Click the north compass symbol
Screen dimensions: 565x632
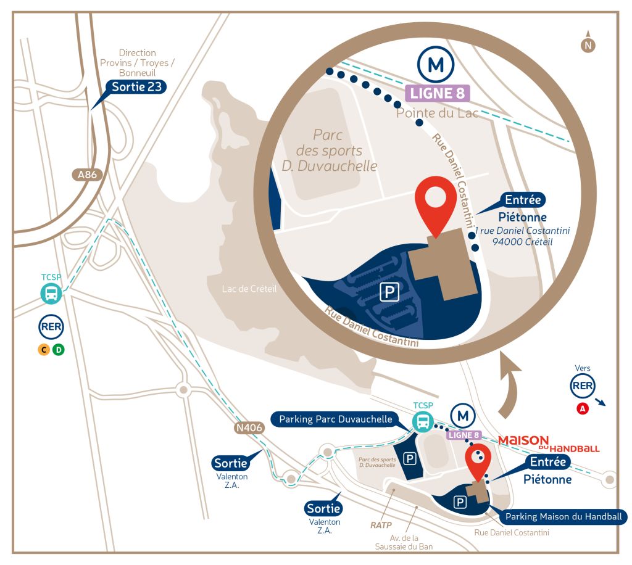[x=588, y=44]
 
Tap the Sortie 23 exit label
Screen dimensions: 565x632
[x=137, y=86]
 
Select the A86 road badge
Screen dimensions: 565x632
[x=88, y=175]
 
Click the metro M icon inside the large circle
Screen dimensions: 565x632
[x=436, y=64]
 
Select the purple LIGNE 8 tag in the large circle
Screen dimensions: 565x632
[x=438, y=94]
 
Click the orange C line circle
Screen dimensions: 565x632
[x=43, y=350]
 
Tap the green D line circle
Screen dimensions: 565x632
[x=58, y=350]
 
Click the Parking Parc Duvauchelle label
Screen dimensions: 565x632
[x=336, y=419]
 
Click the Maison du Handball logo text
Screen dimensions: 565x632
[x=548, y=443]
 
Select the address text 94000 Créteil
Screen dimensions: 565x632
[x=522, y=242]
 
